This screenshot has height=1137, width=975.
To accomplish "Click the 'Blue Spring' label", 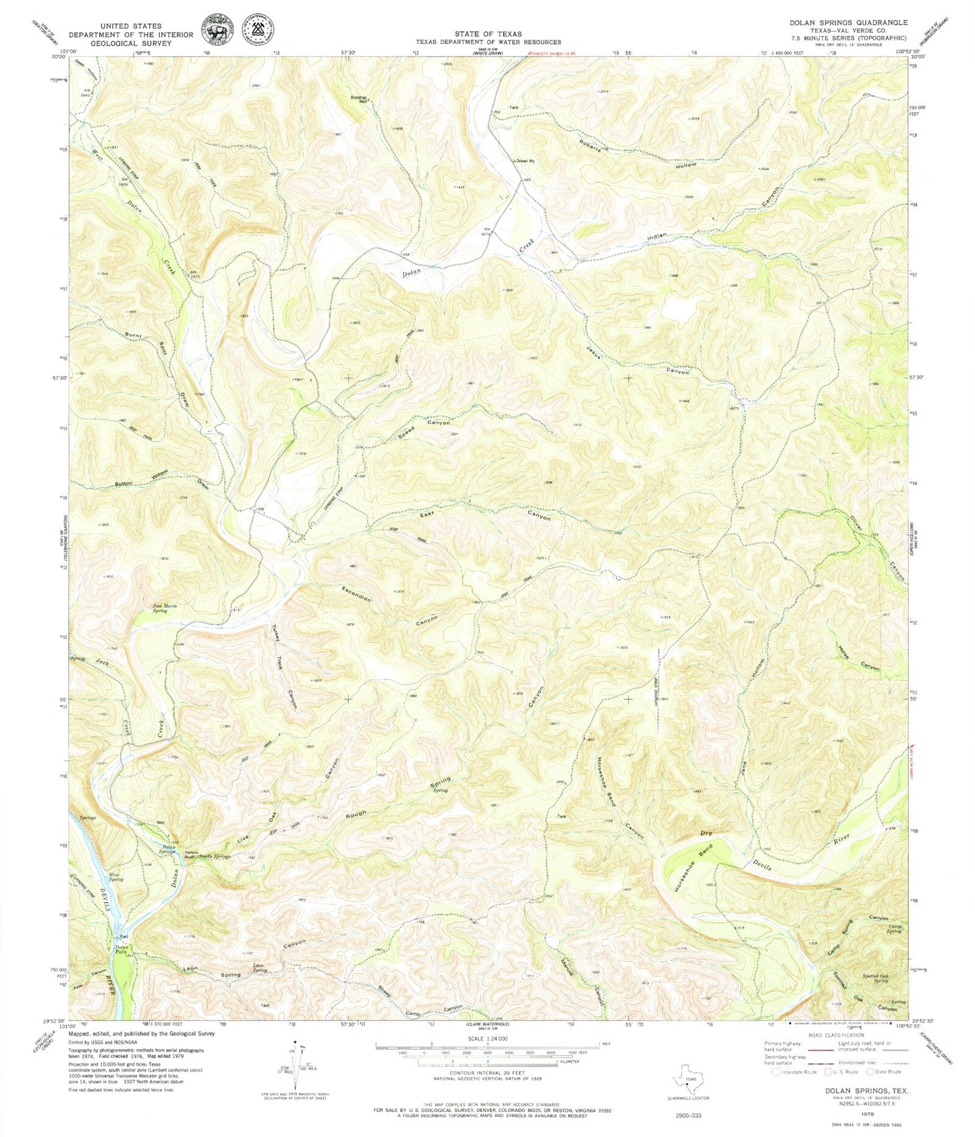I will click(116, 878).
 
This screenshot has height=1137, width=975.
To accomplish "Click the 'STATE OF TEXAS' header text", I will click(487, 33).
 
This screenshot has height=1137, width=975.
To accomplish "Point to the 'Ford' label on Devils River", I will click(124, 937).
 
